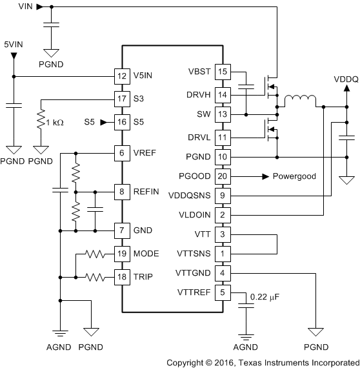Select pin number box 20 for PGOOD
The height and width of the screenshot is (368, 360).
pyautogui.click(x=223, y=176)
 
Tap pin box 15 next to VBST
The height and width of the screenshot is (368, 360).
pyautogui.click(x=223, y=72)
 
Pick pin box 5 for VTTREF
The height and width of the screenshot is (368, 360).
pyautogui.click(x=223, y=292)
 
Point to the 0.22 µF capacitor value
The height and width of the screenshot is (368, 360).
pyautogui.click(x=266, y=296)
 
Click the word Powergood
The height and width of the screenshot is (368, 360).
pyautogui.click(x=294, y=176)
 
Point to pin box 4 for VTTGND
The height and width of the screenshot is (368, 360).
pyautogui.click(x=223, y=272)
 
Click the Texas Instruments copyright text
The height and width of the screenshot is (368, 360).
pyautogui.click(x=263, y=362)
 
